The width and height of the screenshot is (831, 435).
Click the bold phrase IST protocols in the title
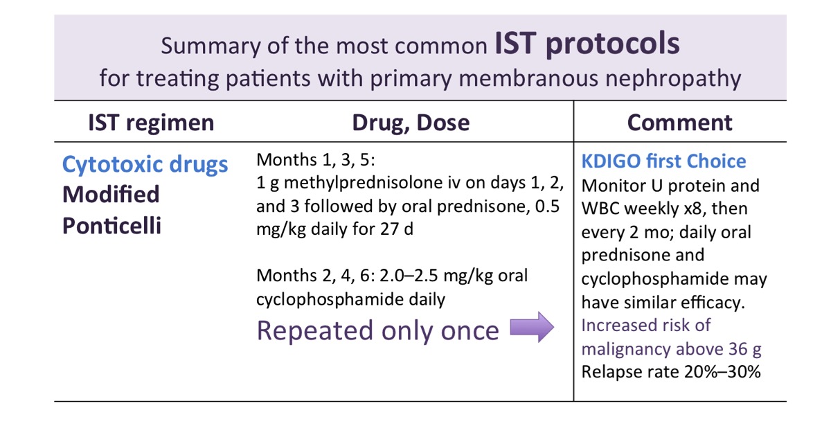click(587, 44)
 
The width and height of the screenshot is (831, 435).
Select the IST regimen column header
click(151, 123)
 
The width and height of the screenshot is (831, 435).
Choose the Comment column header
click(679, 123)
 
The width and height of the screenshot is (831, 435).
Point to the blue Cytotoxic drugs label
click(145, 164)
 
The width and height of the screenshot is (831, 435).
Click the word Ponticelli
click(111, 226)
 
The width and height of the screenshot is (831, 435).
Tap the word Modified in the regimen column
click(111, 195)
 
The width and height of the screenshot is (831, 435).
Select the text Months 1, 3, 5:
click(315, 161)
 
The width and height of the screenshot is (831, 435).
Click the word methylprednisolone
click(374, 183)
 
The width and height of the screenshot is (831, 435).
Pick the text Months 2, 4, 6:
click(315, 276)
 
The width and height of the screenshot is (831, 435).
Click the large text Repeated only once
click(377, 330)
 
